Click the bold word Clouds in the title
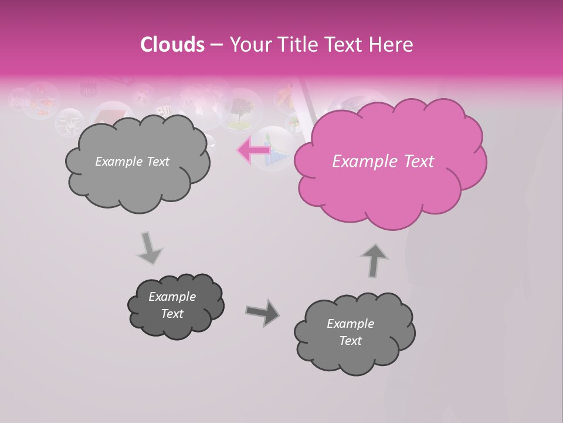[172, 45]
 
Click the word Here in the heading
[391, 45]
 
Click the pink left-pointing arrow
[254, 150]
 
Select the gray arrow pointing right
[262, 313]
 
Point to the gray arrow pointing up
[374, 260]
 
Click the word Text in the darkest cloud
[172, 314]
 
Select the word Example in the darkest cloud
[172, 297]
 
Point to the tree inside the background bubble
[241, 112]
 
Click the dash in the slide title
[216, 45]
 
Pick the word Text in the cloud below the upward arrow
[350, 341]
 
